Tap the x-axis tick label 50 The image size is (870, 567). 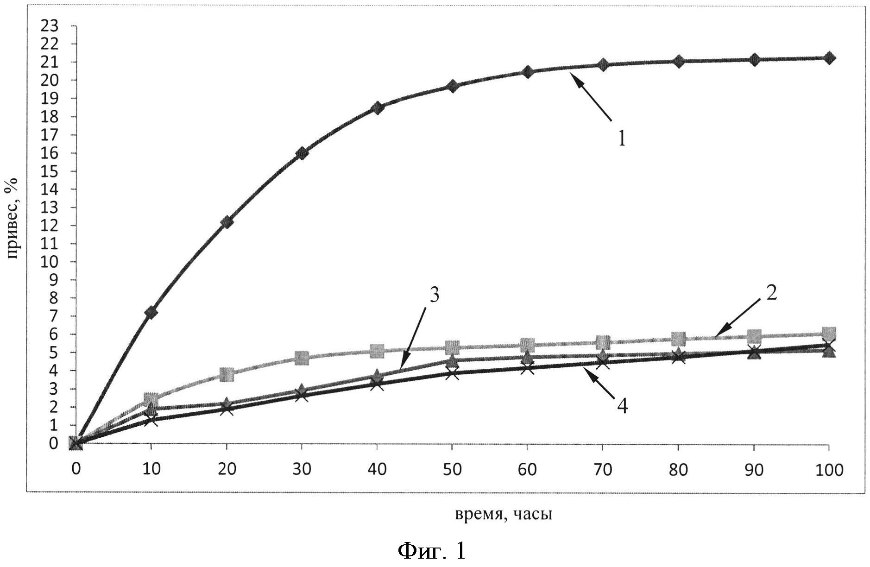click(x=452, y=470)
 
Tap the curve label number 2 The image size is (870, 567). click(x=771, y=293)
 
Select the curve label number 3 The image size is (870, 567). click(x=434, y=295)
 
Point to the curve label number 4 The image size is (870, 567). click(x=622, y=406)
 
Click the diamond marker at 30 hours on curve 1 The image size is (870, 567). click(x=302, y=153)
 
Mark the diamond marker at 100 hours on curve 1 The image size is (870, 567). click(x=829, y=58)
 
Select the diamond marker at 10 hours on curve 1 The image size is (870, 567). click(x=151, y=313)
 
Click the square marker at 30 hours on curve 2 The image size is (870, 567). click(x=302, y=358)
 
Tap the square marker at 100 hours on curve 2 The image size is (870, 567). click(x=829, y=333)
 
